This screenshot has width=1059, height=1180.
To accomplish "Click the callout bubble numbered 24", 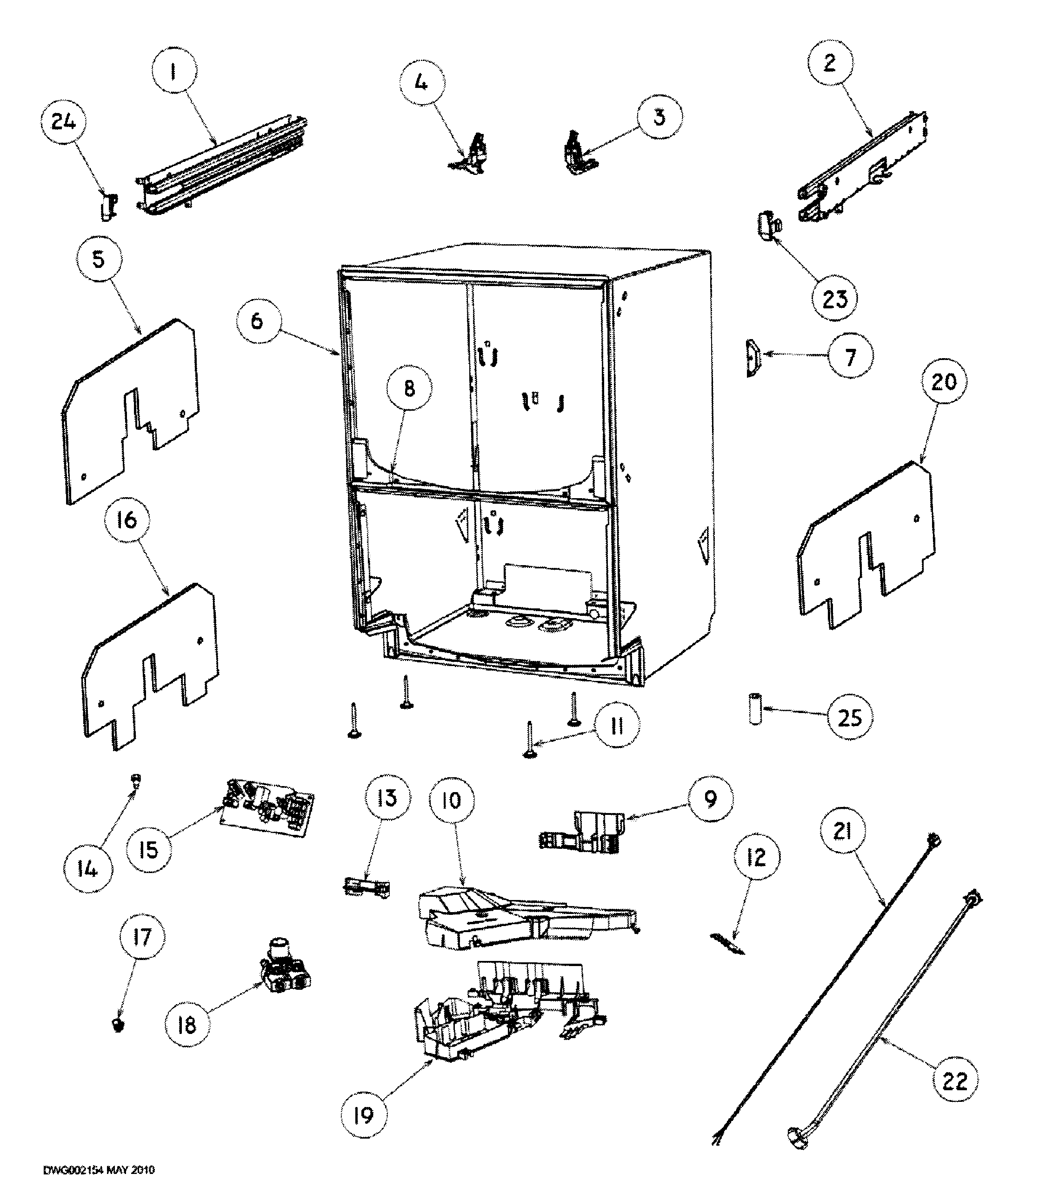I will coord(63,122).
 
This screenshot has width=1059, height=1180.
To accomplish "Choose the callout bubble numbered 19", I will coord(363,1115).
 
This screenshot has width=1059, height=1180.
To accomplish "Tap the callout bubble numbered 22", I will coord(954,1081).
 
